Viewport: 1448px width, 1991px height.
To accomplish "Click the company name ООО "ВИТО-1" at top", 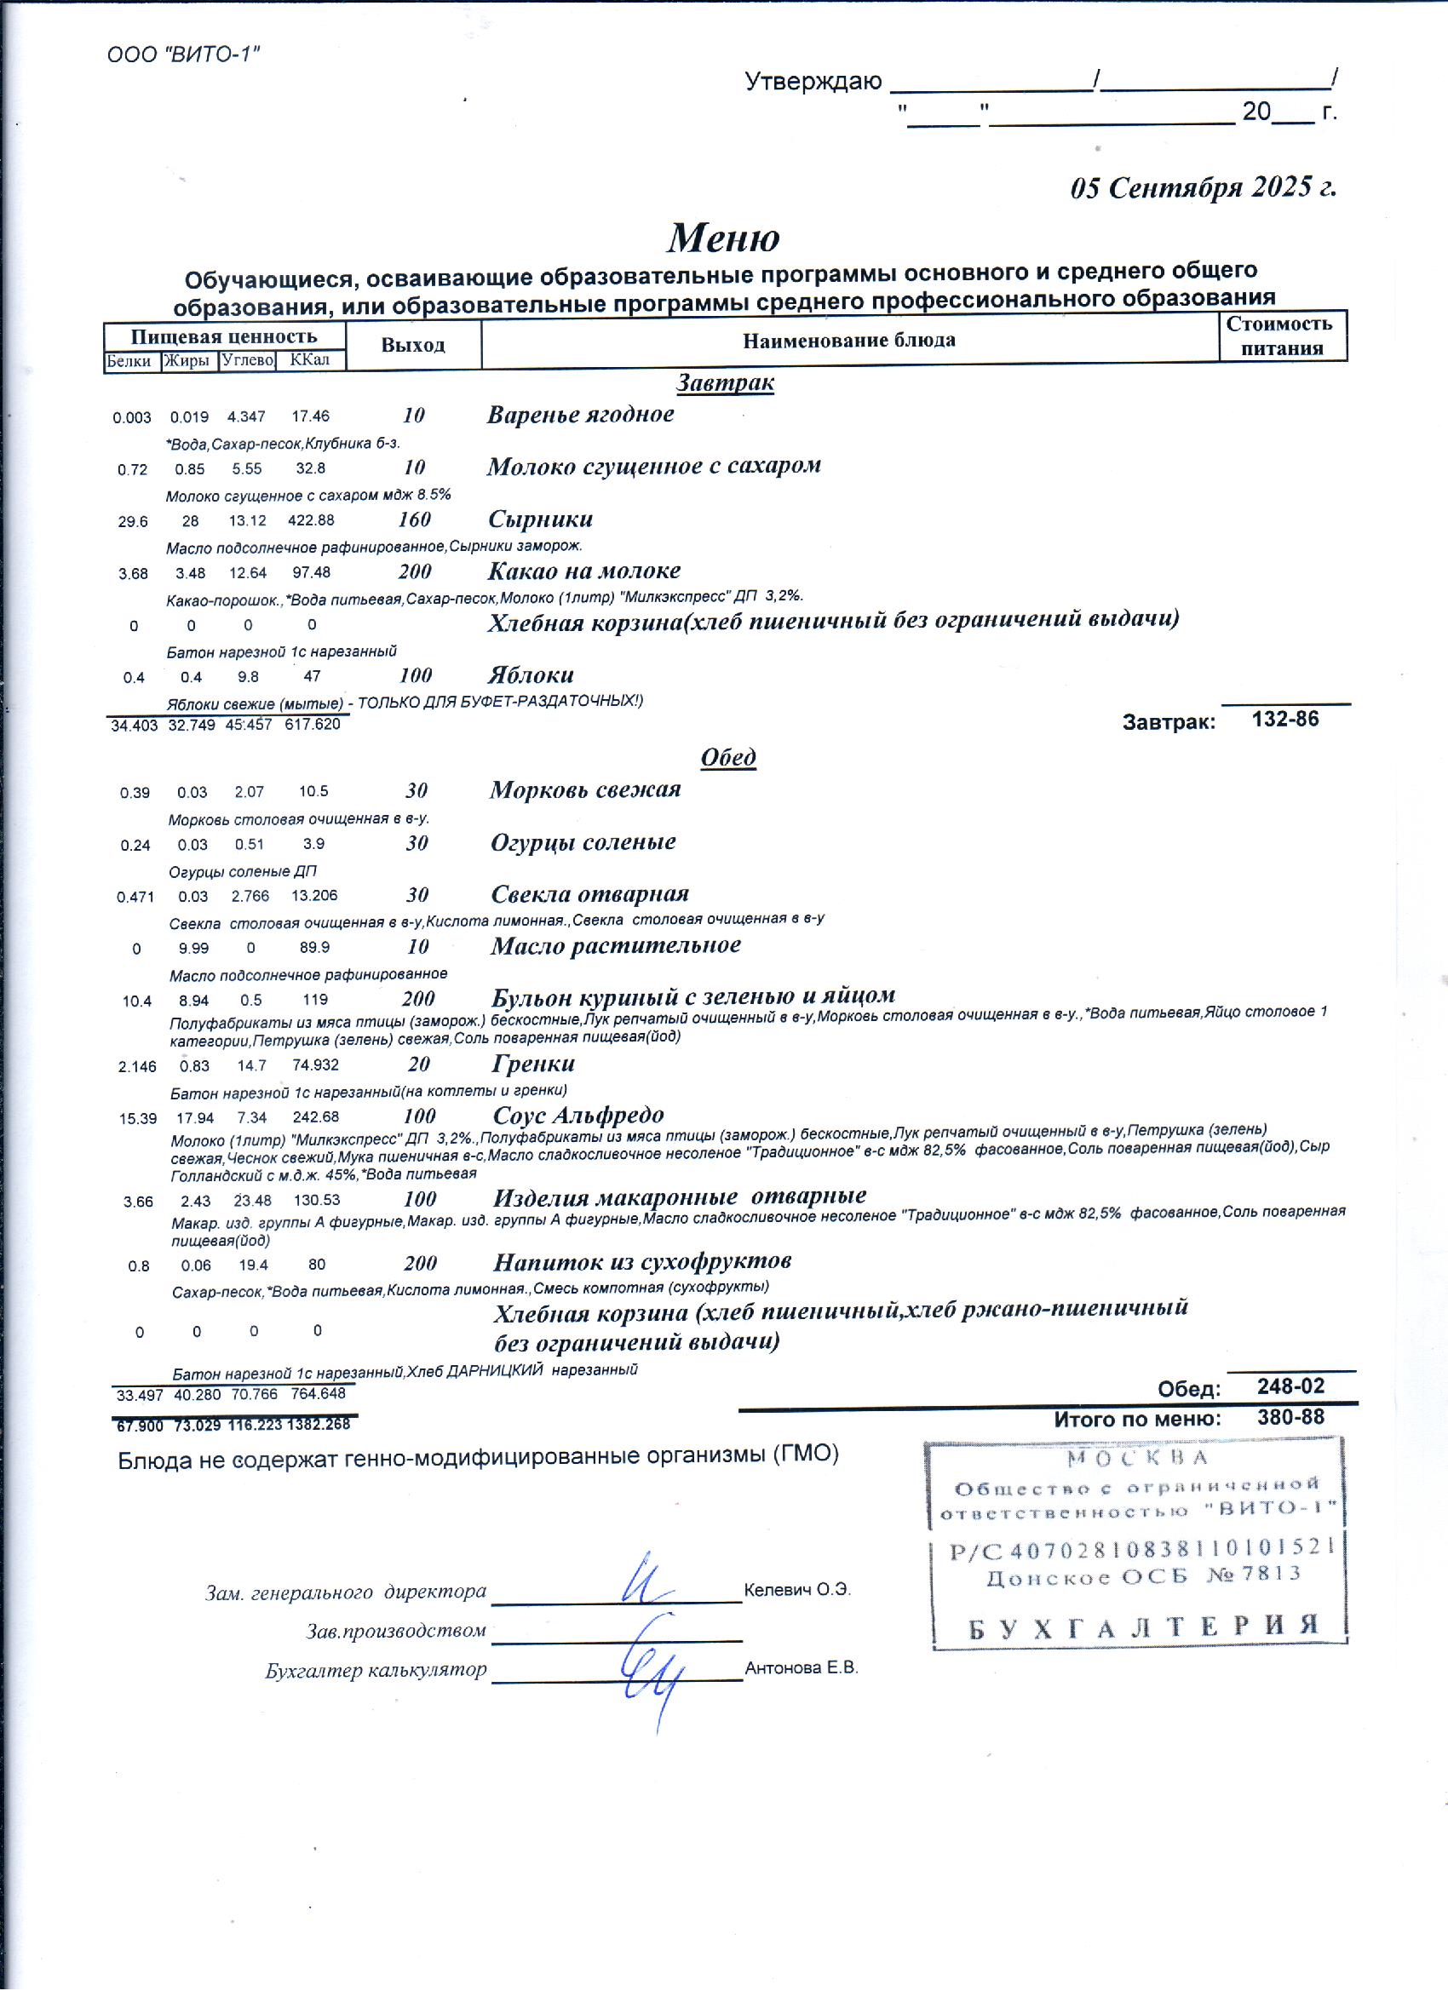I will [183, 55].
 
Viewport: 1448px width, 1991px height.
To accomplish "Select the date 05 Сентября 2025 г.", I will [1202, 188].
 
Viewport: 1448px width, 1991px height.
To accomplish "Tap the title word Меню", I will [722, 238].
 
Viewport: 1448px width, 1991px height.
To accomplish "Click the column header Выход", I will [413, 345].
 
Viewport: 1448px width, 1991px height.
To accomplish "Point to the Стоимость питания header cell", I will [1281, 336].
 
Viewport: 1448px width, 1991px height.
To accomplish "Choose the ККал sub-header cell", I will [310, 360].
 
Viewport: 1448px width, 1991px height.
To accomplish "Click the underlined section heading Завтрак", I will [725, 382].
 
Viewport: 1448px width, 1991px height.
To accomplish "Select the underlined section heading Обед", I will [728, 757].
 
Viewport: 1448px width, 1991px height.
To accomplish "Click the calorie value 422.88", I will [311, 519].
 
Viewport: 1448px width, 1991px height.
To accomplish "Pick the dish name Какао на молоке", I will [584, 571].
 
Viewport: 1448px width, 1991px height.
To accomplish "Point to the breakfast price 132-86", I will [1284, 719].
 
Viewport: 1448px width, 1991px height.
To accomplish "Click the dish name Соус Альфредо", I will [577, 1115].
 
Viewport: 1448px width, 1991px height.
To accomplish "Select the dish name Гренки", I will [533, 1063].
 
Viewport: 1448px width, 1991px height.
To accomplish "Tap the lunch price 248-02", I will [1290, 1386].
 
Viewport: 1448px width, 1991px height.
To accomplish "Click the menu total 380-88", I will [1290, 1417].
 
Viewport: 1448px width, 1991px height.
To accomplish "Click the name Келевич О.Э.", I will [796, 1590].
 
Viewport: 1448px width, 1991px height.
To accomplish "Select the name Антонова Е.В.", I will [801, 1668].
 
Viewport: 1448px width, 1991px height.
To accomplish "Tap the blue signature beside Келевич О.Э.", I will [645, 1581].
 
